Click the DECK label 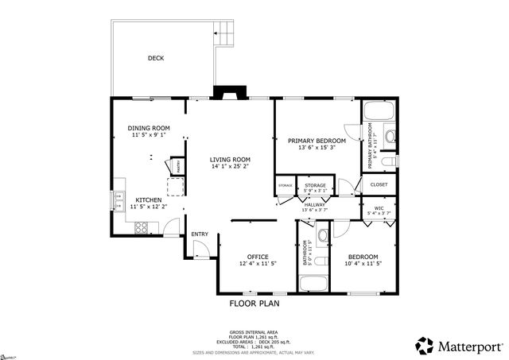point(156,58)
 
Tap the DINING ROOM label point(149,128)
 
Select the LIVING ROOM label point(230,160)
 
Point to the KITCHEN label point(149,199)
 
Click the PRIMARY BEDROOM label point(316,141)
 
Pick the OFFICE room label point(258,256)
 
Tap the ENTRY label point(200,234)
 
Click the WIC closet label point(379,208)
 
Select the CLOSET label point(379,184)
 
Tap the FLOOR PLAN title point(254,303)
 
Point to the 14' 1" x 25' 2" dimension point(230,167)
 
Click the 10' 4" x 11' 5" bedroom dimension point(362,263)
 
